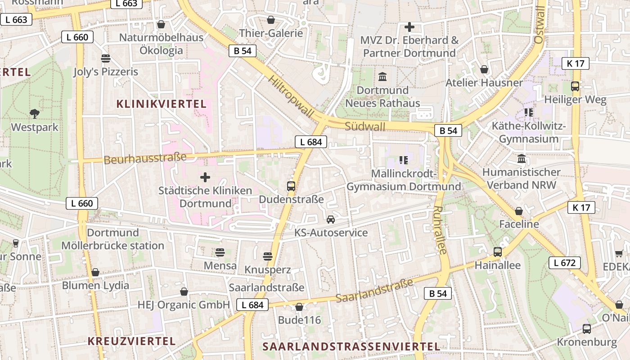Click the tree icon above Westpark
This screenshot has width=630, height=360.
pyautogui.click(x=34, y=114)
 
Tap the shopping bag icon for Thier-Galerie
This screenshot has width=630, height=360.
pyautogui.click(x=271, y=20)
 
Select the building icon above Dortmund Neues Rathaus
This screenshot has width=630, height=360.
pyautogui.click(x=382, y=77)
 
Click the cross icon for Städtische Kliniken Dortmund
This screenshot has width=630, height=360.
pyautogui.click(x=205, y=177)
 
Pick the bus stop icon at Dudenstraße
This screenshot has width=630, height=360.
pyautogui.click(x=291, y=186)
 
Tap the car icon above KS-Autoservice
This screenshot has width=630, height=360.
pyautogui.click(x=331, y=220)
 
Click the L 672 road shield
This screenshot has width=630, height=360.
pyautogui.click(x=564, y=263)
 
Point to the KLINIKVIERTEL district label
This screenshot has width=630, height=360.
pyautogui.click(x=162, y=104)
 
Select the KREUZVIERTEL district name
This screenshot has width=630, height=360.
pyautogui.click(x=132, y=341)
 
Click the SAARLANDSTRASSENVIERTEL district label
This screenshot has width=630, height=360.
pyautogui.click(x=351, y=346)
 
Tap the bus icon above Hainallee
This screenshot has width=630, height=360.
pyautogui.click(x=498, y=252)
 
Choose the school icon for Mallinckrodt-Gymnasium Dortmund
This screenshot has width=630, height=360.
pyautogui.click(x=404, y=160)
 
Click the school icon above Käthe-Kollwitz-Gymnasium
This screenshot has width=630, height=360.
pyautogui.click(x=529, y=112)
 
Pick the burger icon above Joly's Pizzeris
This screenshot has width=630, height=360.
pyautogui.click(x=106, y=58)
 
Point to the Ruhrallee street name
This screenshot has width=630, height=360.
pyautogui.click(x=441, y=230)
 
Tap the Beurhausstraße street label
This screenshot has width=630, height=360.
pyautogui.click(x=145, y=158)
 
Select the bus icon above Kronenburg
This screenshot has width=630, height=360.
pyautogui.click(x=587, y=329)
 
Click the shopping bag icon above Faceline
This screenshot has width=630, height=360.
pyautogui.click(x=519, y=211)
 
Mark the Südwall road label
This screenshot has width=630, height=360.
pyautogui.click(x=365, y=126)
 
